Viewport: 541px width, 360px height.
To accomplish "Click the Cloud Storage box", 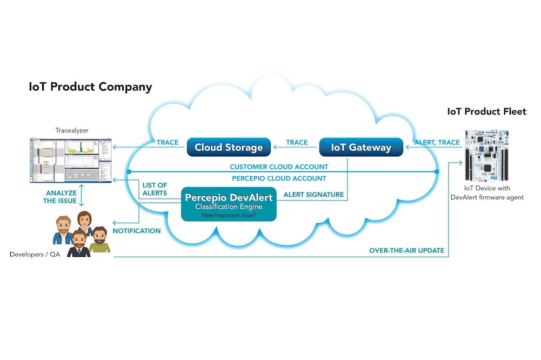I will [x=229, y=147].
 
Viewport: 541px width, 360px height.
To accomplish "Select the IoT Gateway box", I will [x=362, y=147].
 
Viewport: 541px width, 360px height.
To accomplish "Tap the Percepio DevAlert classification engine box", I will [x=229, y=204].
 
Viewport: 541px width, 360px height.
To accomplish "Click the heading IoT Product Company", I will [x=90, y=87].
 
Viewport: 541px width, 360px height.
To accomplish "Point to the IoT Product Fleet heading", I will [x=486, y=111].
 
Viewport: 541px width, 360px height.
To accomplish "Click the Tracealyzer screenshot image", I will [x=70, y=159].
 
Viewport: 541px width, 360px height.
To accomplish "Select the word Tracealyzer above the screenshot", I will [x=71, y=130].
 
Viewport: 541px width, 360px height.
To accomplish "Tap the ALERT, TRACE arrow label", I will [x=437, y=142].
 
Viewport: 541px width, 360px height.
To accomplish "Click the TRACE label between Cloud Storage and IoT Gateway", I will [x=297, y=142].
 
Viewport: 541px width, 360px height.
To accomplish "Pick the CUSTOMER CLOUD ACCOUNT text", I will [x=278, y=167].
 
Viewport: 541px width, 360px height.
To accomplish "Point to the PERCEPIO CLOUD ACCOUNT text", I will [x=278, y=178].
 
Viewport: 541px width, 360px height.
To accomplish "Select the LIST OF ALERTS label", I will [x=155, y=189].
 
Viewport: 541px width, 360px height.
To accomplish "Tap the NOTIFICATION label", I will [x=137, y=231].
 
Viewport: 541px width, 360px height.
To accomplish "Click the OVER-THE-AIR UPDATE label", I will [x=406, y=250].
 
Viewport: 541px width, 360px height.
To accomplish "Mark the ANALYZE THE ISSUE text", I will [x=61, y=197].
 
